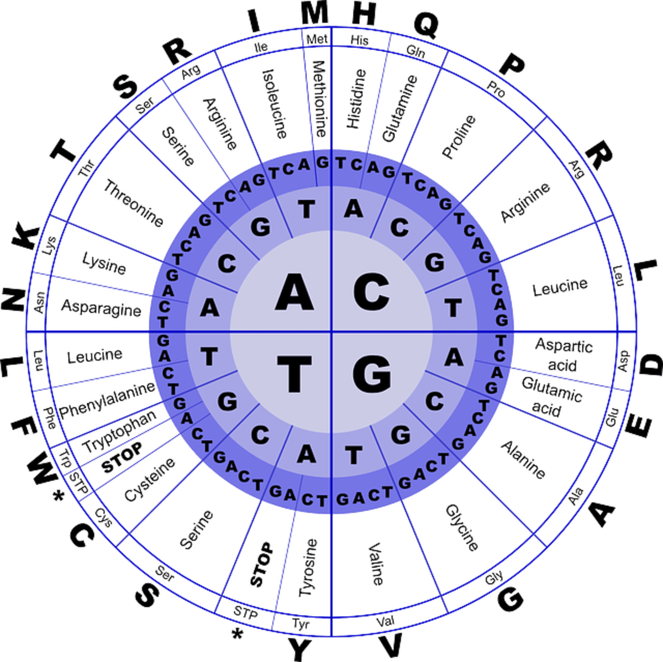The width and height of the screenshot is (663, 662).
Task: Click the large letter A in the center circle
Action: (x=294, y=291)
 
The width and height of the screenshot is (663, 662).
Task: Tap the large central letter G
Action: (x=371, y=373)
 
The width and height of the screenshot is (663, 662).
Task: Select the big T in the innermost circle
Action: (x=294, y=373)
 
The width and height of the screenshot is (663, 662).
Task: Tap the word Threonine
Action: (x=134, y=203)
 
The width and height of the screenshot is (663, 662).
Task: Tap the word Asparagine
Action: (x=101, y=307)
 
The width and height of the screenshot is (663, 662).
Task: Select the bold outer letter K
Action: (x=25, y=234)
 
